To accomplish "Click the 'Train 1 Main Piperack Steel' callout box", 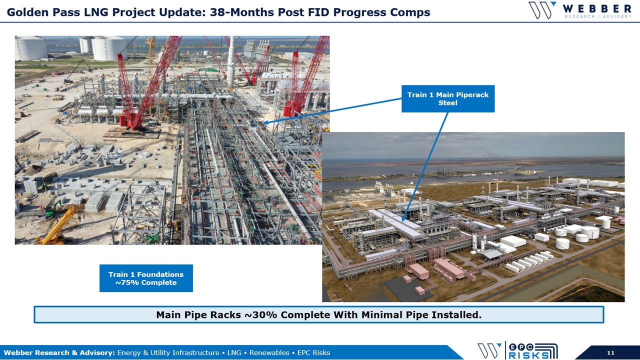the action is click(448, 98).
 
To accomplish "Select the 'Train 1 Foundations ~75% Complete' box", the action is click(146, 278).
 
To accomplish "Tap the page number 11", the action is click(610, 352).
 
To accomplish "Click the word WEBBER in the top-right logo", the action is click(597, 9).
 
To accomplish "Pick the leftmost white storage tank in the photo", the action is click(31, 48).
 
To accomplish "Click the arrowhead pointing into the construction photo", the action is click(265, 122).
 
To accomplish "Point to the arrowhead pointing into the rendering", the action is click(403, 219).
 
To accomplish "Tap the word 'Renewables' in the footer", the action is click(269, 353).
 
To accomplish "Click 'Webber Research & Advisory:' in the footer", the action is click(59, 353).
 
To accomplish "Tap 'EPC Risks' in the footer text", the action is click(313, 353).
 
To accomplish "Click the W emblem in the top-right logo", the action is click(541, 10).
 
